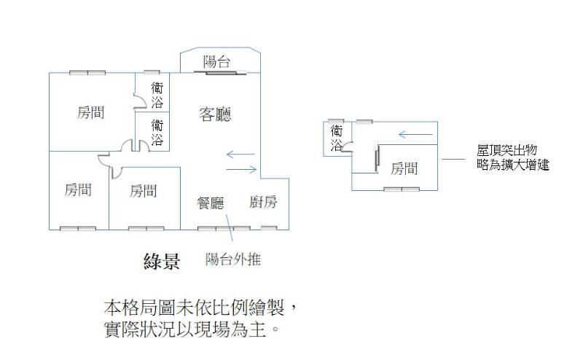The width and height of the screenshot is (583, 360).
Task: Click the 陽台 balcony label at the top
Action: [218, 62]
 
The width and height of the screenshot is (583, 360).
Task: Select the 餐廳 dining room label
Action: [211, 203]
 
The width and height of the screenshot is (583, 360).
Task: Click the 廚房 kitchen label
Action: [262, 203]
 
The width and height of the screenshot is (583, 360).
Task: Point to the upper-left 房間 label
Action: [90, 113]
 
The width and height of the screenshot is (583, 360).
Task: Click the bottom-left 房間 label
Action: [77, 191]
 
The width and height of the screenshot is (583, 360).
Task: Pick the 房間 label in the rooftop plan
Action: [404, 169]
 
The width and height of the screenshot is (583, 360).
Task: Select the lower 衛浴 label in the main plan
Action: [157, 132]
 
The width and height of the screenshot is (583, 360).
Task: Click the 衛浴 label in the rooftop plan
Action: [336, 138]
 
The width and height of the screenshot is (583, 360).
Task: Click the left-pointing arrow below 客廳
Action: [240, 154]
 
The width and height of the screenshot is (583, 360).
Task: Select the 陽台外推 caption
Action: [233, 259]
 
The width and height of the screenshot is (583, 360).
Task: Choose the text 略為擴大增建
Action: [513, 165]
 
